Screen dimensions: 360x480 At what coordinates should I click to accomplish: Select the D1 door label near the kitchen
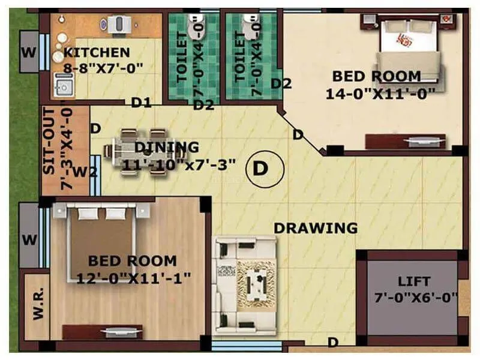(141, 103)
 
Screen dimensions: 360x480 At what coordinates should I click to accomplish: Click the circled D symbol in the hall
(260, 168)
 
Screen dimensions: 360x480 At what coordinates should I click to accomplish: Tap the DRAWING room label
(316, 228)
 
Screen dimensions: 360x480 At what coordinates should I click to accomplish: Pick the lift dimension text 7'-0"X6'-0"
(416, 297)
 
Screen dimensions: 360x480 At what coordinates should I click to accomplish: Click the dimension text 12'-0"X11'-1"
(133, 277)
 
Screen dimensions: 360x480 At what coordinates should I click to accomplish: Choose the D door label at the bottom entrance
(332, 342)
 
